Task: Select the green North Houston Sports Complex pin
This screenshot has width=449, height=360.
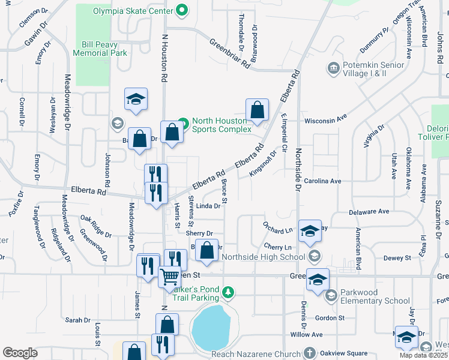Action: (x=184, y=124)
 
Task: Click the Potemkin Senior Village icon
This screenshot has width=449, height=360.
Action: (x=333, y=68)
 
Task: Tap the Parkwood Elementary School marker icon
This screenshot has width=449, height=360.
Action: (x=331, y=295)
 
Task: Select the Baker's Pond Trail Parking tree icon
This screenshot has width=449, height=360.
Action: (x=228, y=292)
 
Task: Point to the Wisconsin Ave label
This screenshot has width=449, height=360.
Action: (x=326, y=120)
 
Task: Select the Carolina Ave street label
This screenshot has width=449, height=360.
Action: (x=322, y=181)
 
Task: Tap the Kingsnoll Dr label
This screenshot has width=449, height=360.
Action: (x=264, y=163)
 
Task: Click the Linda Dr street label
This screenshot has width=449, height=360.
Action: (x=209, y=206)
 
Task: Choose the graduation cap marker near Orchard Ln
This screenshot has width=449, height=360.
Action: (x=310, y=231)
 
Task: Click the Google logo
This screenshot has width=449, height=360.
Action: (x=20, y=353)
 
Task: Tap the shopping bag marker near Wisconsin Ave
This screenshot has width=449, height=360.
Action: (x=257, y=110)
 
